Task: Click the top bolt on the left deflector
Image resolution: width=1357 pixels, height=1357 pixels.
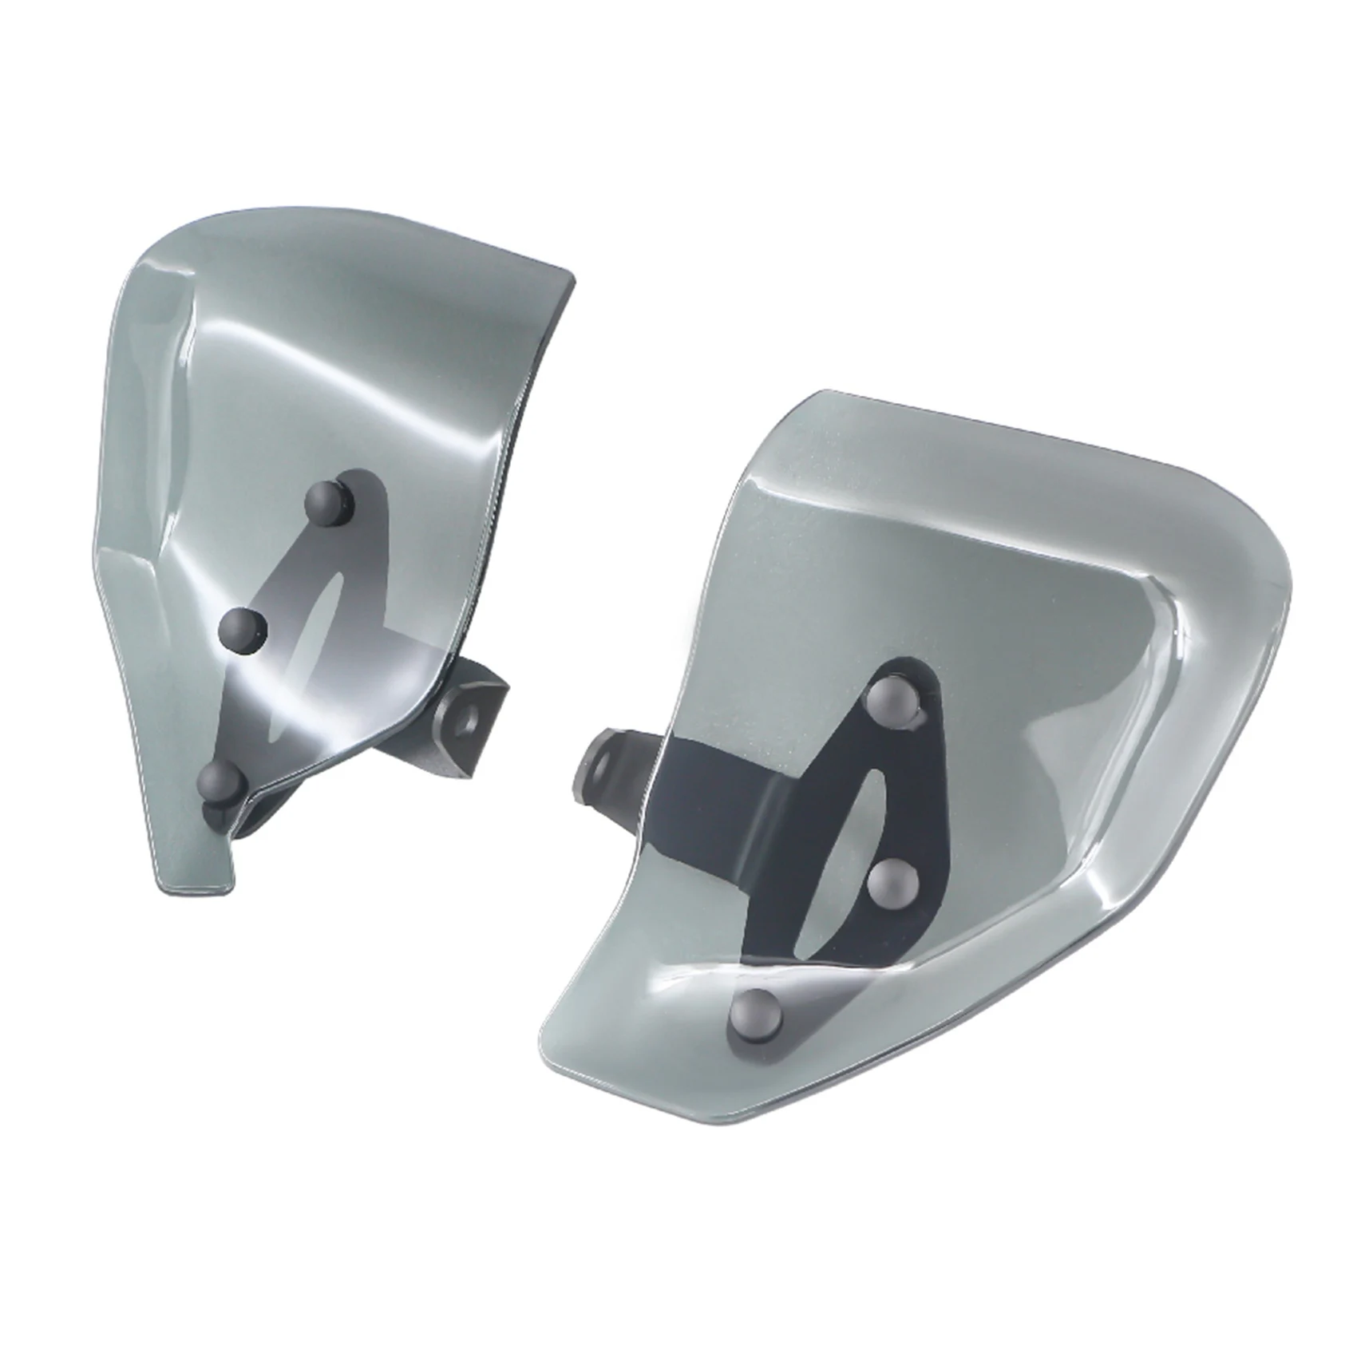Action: pos(330,500)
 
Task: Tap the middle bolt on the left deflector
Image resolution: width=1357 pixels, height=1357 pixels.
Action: pos(243,631)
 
